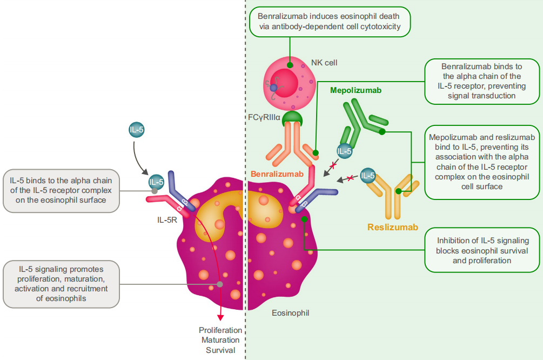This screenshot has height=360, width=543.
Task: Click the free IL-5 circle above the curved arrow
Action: (136, 130)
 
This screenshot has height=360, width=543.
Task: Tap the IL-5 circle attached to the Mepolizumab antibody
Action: (345, 152)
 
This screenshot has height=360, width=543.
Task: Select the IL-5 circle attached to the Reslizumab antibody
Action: (368, 176)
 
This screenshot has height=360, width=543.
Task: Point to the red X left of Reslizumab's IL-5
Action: (350, 178)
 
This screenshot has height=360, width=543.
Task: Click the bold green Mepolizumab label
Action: (356, 90)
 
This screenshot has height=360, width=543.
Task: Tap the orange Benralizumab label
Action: (277, 174)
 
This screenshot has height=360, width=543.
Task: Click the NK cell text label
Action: (324, 63)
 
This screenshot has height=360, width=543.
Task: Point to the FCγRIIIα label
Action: (263, 117)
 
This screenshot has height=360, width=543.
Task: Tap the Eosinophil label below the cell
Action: (291, 312)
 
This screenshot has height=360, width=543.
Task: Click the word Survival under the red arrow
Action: (220, 350)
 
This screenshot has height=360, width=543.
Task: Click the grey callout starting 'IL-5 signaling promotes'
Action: (61, 284)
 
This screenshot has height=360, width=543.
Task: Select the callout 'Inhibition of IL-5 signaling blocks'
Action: (482, 250)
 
